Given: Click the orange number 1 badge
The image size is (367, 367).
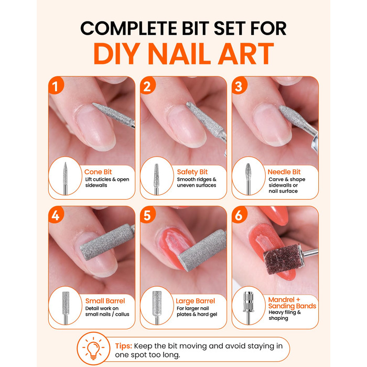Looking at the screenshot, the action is (x=56, y=85).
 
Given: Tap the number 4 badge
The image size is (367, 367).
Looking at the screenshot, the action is (x=56, y=215).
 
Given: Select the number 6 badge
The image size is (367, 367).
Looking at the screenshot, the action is (x=239, y=215).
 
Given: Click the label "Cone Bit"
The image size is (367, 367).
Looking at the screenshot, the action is (x=98, y=172).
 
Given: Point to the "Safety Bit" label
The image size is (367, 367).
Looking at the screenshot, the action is (x=192, y=172).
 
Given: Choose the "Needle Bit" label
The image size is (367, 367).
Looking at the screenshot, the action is (x=284, y=172).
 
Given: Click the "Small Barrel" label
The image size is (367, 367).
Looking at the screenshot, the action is (x=105, y=301).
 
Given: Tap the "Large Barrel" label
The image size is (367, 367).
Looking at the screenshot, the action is (x=195, y=301).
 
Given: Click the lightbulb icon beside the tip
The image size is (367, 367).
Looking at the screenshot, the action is (x=93, y=349).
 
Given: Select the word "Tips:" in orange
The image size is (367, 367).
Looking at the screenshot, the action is (x=124, y=346).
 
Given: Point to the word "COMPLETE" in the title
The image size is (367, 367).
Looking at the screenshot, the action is (x=129, y=28).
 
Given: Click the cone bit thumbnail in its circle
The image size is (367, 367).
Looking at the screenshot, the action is (x=66, y=178).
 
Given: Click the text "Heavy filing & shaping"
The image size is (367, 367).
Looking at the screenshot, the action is (x=285, y=315).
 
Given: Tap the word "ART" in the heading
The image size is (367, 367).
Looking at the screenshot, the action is (x=245, y=53).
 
